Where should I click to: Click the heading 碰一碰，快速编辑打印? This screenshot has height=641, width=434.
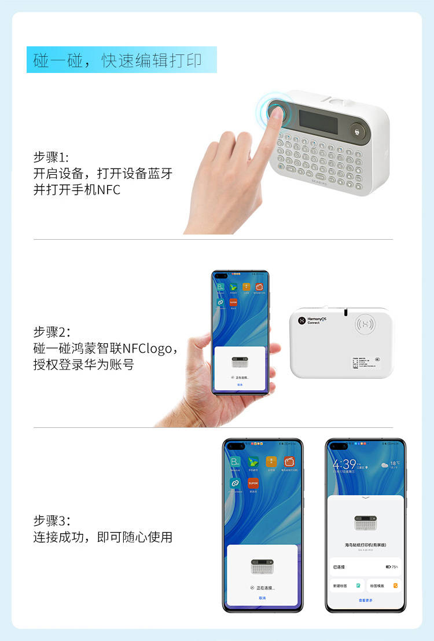click(122, 60)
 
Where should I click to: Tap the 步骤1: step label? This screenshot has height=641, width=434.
click(51, 157)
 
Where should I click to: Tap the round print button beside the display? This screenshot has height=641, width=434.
click(359, 131)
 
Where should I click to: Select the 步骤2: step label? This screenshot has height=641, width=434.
click(52, 332)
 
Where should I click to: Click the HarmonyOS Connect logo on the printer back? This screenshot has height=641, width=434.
click(312, 320)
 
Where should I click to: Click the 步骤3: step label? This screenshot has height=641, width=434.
click(52, 521)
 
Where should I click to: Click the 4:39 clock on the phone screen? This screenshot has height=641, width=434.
click(344, 464)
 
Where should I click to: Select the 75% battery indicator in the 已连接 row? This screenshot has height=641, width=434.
click(392, 566)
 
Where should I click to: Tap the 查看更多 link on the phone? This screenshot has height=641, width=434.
click(365, 600)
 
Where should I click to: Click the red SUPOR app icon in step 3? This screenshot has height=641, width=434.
click(253, 483)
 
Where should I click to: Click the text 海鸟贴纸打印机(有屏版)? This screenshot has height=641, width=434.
click(365, 545)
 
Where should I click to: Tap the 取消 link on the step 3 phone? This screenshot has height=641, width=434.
click(262, 598)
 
